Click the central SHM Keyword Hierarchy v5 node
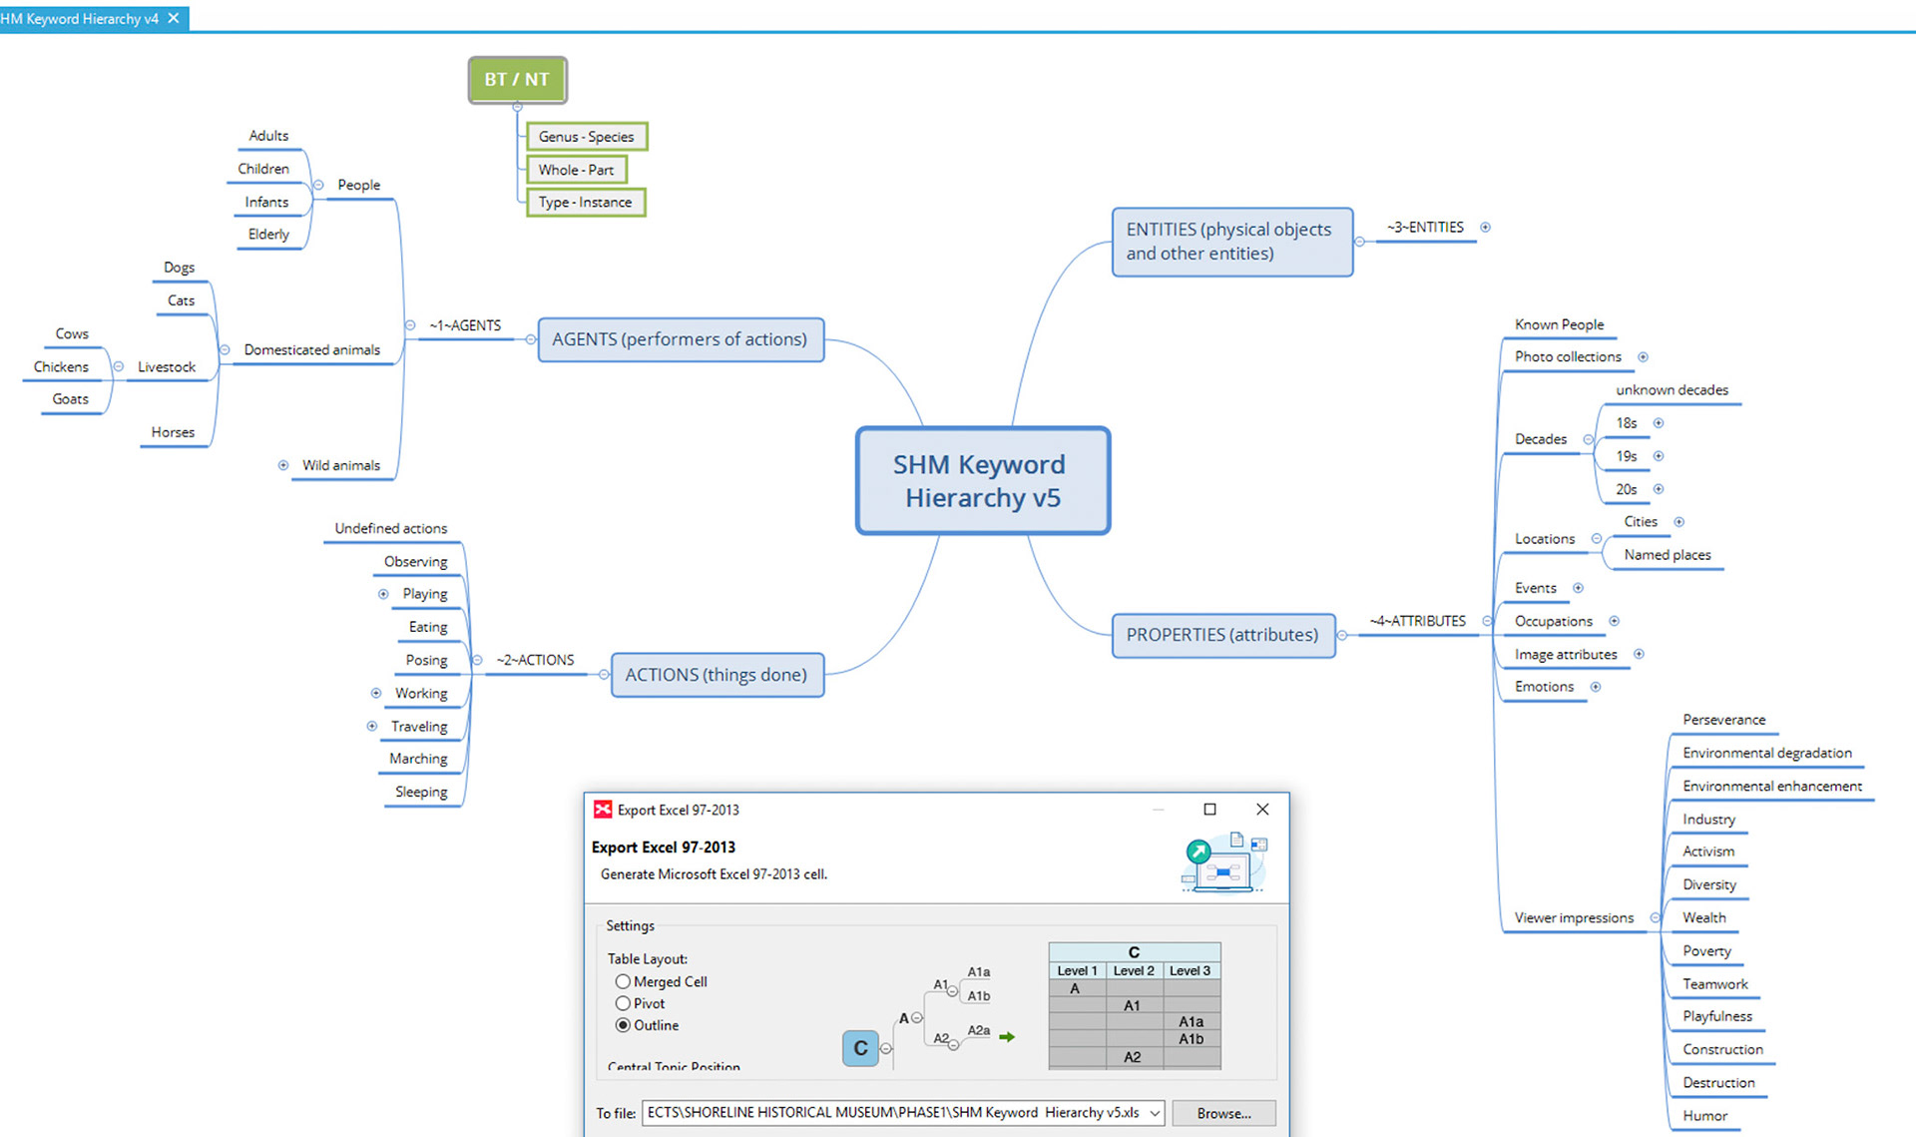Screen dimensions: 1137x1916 (982, 481)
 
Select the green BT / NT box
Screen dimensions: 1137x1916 (517, 80)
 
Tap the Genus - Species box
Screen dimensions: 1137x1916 (587, 137)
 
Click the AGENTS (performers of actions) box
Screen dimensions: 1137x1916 (680, 339)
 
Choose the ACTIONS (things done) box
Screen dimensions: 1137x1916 (717, 675)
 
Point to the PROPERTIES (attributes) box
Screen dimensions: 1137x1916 (1222, 635)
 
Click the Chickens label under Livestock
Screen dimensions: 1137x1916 (61, 366)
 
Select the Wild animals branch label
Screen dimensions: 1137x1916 (341, 465)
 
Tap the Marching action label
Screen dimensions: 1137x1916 (418, 759)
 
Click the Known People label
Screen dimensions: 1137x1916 (1559, 324)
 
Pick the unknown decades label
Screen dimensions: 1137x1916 (1672, 390)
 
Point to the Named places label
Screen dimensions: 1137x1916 (1667, 555)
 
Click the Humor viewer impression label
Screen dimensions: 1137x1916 (1704, 1115)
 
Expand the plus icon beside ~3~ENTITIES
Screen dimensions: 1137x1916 (1485, 228)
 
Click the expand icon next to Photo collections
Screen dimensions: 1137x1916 (1643, 357)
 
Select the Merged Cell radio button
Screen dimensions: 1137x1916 (623, 982)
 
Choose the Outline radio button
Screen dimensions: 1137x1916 (623, 1025)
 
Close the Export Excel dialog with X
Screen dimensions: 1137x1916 (1262, 810)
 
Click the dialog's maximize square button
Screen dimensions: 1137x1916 (1209, 810)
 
